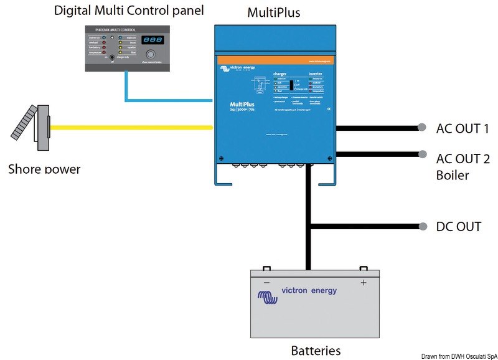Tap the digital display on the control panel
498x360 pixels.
pyautogui.click(x=152, y=39)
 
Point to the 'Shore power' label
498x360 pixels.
pyautogui.click(x=44, y=168)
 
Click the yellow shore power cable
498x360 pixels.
pyautogui.click(x=131, y=127)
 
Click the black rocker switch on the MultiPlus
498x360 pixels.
pyautogui.click(x=290, y=85)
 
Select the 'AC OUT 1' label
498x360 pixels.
pyautogui.click(x=461, y=129)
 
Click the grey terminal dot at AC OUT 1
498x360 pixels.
pyautogui.click(x=422, y=128)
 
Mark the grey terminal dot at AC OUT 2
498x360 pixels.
pyautogui.click(x=422, y=154)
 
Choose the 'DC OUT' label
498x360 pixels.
pyautogui.click(x=459, y=226)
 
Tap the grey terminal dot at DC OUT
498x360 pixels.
pyautogui.click(x=422, y=225)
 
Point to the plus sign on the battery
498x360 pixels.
pyautogui.click(x=363, y=282)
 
